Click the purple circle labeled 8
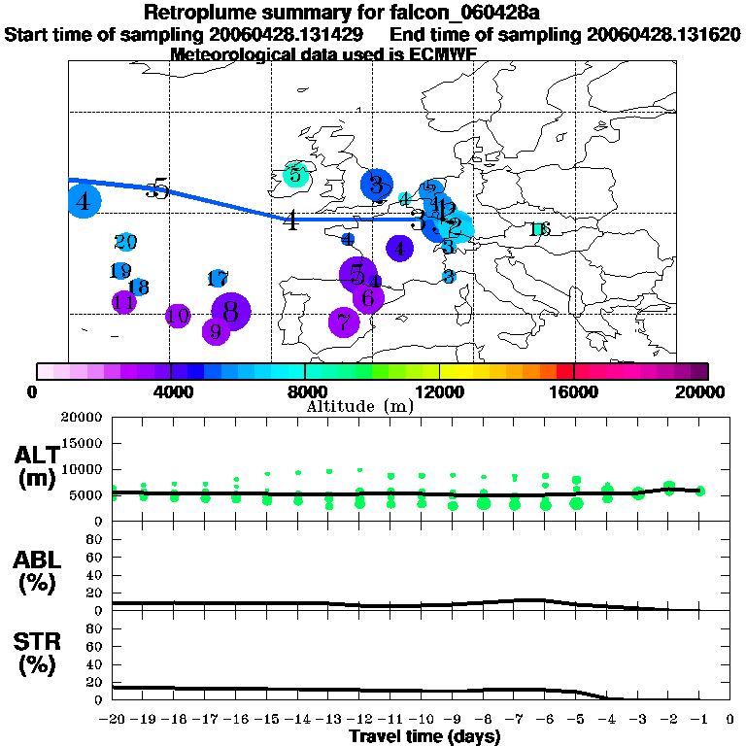pyautogui.click(x=231, y=312)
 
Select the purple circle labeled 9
pyautogui.click(x=216, y=331)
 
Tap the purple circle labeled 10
pyautogui.click(x=178, y=316)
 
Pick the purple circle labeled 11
pyautogui.click(x=123, y=302)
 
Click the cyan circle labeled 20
pyautogui.click(x=125, y=242)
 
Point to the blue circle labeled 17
pyautogui.click(x=218, y=279)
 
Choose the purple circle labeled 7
pyautogui.click(x=343, y=322)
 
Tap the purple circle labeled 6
pyautogui.click(x=368, y=298)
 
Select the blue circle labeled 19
pyautogui.click(x=120, y=271)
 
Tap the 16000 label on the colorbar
pyautogui.click(x=574, y=392)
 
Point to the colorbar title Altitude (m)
pyautogui.click(x=359, y=406)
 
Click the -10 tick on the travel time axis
pyautogui.click(x=422, y=720)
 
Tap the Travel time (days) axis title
pyautogui.click(x=424, y=737)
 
